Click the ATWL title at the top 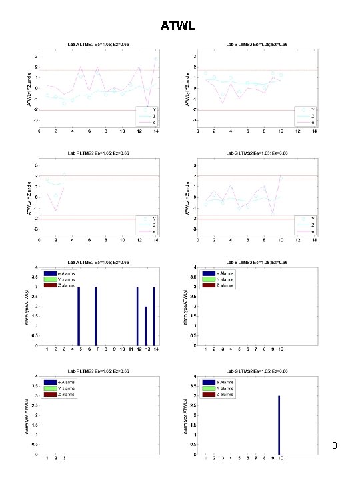coord(179,27)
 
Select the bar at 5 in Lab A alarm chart coord(79,317)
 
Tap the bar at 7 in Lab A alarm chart coord(96,317)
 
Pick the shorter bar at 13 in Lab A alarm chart coord(146,326)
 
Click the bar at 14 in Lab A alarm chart coord(154,317)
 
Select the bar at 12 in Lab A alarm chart coord(137,317)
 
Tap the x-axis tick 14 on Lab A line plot coord(155,131)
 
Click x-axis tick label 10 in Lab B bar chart coord(281,349)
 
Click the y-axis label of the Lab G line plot coord(184,197)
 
